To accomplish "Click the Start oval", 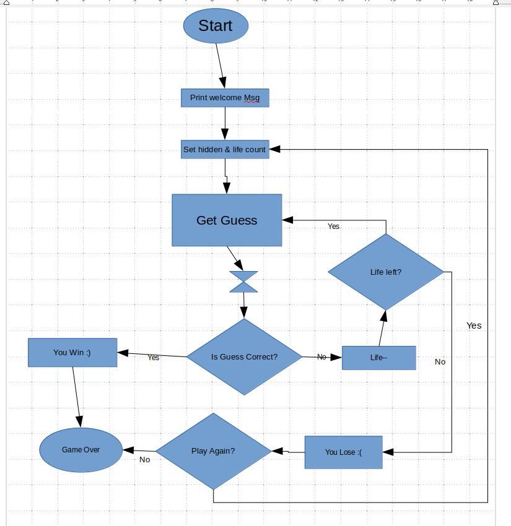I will pos(216,26).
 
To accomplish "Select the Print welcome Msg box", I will pos(225,98).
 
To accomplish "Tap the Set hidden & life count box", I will pos(225,150).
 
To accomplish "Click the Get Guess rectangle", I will pos(227,220).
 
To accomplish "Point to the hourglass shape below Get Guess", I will pos(243,282).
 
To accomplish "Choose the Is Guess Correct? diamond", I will pos(244,357).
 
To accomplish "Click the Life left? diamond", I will pos(386,272).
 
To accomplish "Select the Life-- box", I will pos(378,358).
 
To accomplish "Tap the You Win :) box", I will pos(72,353).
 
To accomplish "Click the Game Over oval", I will pos(81,450).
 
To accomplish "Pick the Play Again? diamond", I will pos(213,451).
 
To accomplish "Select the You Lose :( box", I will pos(343,452).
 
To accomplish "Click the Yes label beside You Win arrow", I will pos(154,358).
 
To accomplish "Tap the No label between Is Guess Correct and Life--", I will pos(321,357).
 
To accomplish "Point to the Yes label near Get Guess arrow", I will pos(333,226).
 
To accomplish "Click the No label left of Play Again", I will pos(144,460).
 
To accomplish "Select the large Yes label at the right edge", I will pos(474,326).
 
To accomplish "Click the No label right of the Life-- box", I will pos(440,362).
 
